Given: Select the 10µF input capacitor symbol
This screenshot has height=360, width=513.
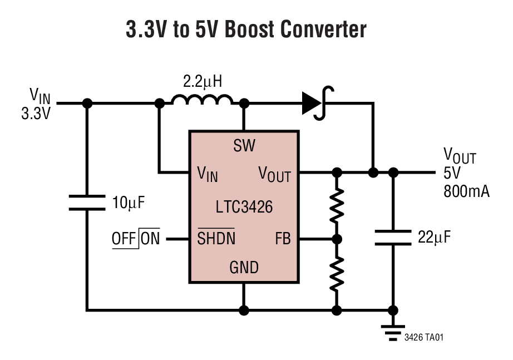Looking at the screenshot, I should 87,203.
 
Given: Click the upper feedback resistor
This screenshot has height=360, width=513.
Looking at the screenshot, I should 337,206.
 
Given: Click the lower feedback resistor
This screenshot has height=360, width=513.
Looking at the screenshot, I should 337,273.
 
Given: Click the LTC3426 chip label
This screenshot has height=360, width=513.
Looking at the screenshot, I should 244,207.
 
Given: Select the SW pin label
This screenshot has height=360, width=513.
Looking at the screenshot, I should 244,146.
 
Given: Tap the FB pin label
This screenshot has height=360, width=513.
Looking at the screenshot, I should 283,239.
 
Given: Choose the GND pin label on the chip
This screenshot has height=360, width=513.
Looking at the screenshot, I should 244,268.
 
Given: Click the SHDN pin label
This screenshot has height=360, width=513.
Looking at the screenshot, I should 216,239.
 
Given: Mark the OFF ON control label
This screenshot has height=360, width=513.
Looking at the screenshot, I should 136,239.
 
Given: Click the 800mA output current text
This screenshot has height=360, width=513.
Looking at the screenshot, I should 466,192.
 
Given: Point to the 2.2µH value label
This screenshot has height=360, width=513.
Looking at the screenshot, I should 203,82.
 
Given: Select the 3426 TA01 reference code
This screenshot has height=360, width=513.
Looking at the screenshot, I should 425,337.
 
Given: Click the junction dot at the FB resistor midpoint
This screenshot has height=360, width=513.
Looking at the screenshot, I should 337,239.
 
